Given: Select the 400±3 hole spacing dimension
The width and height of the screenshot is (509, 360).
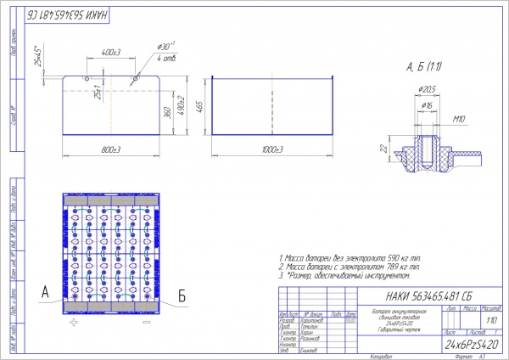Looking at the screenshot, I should click(110, 53).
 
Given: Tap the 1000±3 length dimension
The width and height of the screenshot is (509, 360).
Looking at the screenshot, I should click(271, 149).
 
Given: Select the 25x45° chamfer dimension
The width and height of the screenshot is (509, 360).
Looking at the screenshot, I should click(37, 56).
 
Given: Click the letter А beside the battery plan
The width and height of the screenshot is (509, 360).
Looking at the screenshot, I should click(45, 293).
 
